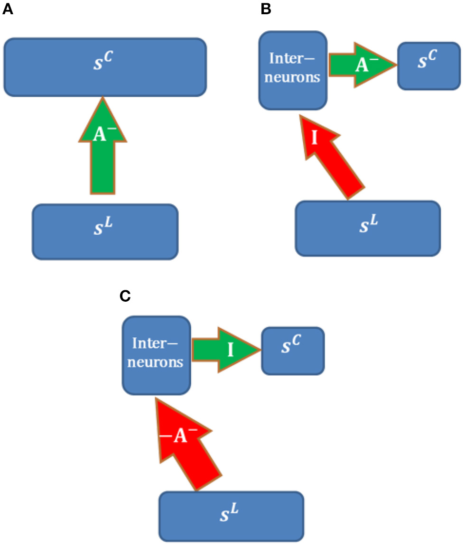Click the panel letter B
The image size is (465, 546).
(266, 8)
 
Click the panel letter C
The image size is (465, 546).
(125, 296)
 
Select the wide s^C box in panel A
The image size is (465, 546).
(104, 66)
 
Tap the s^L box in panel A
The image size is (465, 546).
(105, 231)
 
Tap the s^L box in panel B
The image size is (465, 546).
(368, 228)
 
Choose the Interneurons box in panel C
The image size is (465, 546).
(157, 355)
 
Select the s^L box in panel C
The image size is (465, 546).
(231, 516)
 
